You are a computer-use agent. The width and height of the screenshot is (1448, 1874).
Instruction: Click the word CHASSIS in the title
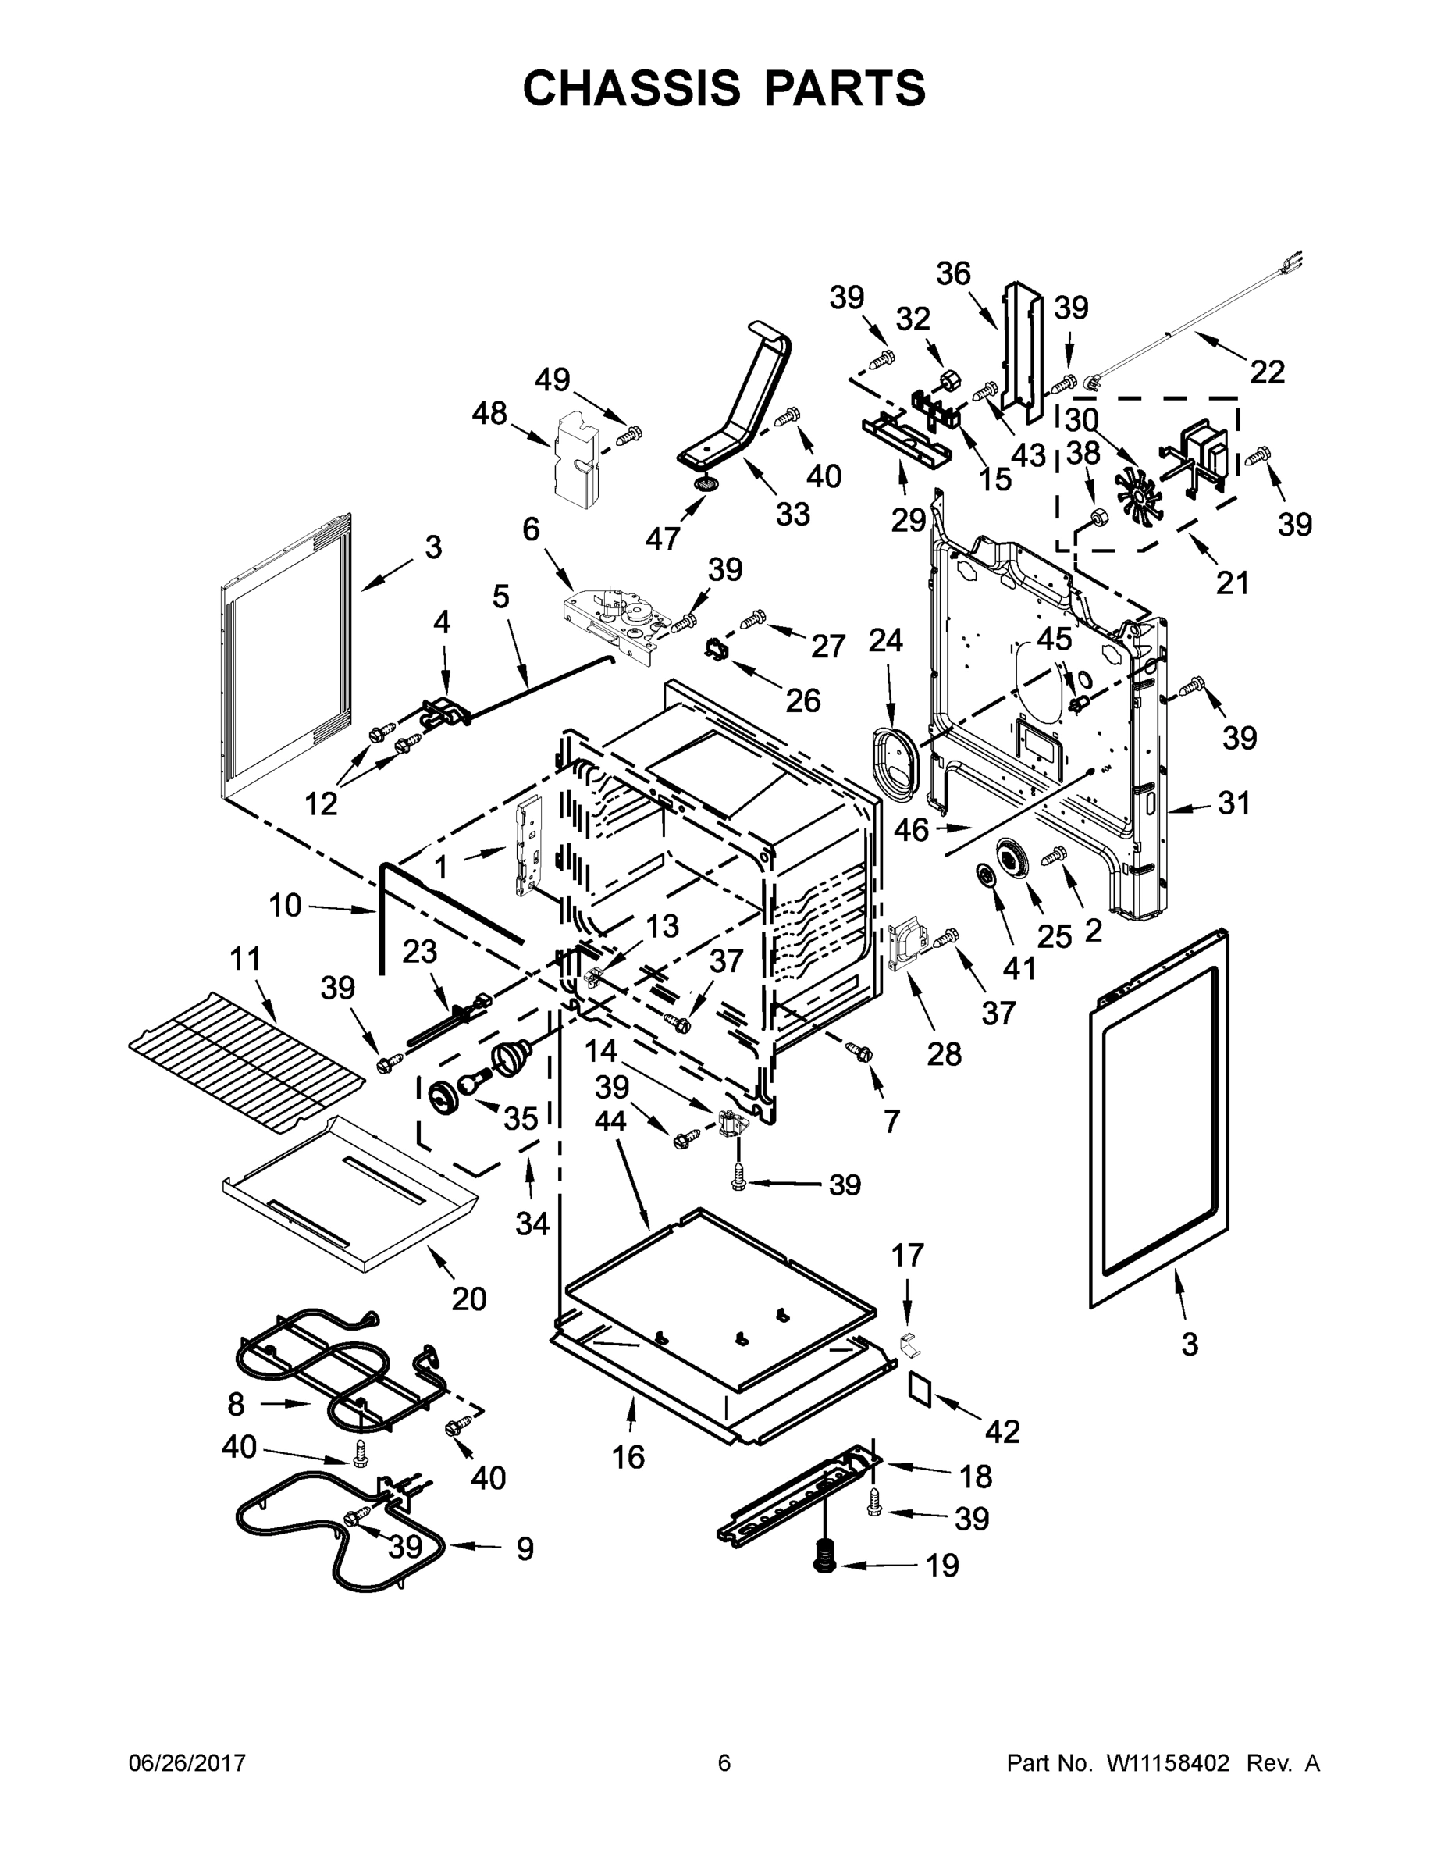(631, 88)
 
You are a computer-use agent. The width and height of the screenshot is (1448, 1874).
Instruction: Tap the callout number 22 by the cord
(1266, 372)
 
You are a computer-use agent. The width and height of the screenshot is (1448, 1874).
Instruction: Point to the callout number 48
(489, 414)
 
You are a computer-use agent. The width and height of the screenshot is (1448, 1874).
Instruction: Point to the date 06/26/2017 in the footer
(187, 1762)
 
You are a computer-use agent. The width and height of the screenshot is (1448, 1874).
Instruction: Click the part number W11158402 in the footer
(1168, 1762)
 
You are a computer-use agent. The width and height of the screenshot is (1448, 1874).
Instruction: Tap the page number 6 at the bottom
(724, 1762)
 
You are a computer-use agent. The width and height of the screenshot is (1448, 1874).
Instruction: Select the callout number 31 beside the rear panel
(1233, 804)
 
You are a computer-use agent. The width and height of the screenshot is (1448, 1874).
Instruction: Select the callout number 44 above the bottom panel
(610, 1120)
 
